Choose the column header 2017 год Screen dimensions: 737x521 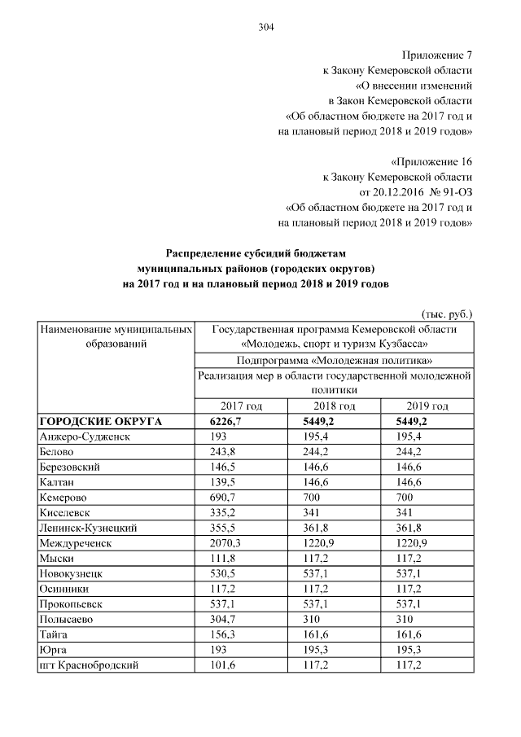point(242,406)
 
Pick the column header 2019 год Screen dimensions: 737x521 point(427,406)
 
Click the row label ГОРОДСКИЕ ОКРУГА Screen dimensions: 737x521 point(101,421)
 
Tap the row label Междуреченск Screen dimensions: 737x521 point(76,543)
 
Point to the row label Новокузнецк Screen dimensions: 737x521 point(72,573)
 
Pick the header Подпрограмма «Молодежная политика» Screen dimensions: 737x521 point(334,359)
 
